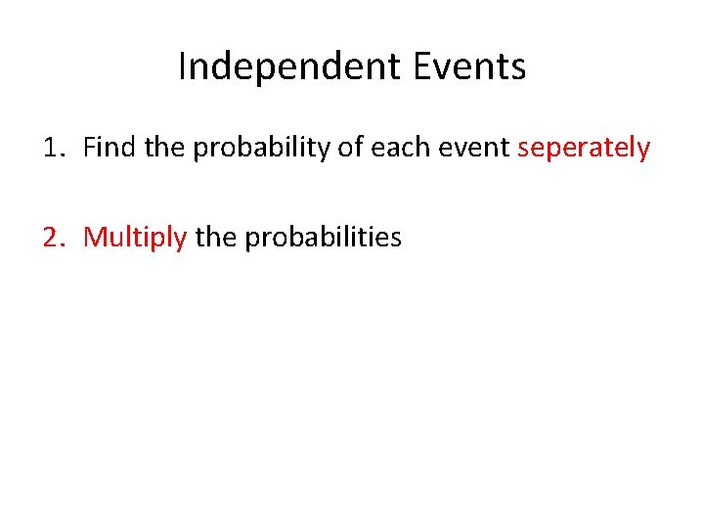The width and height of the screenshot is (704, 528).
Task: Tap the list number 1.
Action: point(52,148)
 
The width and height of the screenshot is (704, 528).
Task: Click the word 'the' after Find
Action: point(162,148)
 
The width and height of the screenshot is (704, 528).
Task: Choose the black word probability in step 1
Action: point(253,149)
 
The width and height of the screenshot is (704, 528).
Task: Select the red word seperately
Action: point(584,149)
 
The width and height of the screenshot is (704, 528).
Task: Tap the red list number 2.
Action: point(52,236)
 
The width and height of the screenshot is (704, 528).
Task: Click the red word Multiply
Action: point(135,237)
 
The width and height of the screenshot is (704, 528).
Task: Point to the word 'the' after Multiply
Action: point(215,236)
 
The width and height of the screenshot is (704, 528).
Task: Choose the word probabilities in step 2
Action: point(323,237)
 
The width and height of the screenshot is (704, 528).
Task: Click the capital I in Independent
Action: point(182,67)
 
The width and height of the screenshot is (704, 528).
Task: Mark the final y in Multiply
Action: point(180,240)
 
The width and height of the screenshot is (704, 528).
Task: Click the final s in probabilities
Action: point(396,238)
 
